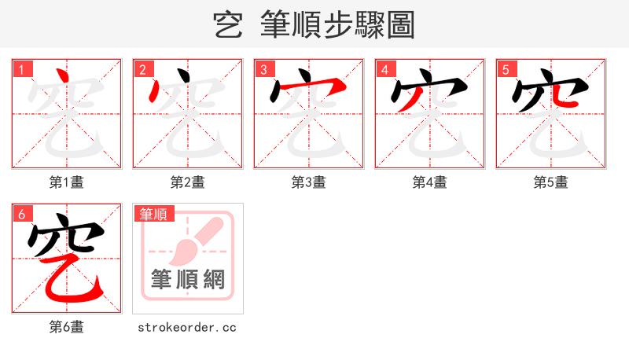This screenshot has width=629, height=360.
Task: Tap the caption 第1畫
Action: (x=67, y=182)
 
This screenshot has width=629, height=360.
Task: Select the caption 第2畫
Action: (x=188, y=182)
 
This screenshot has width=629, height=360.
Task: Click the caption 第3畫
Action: (x=309, y=182)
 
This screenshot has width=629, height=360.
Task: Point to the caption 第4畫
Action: (x=430, y=182)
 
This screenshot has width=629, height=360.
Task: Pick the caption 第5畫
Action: (x=551, y=182)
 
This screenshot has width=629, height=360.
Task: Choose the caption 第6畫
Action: (x=67, y=327)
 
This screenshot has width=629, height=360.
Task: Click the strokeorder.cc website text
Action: (x=188, y=327)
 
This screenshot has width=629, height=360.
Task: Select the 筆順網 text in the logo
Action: (x=188, y=280)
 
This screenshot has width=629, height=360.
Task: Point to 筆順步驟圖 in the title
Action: (x=339, y=25)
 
